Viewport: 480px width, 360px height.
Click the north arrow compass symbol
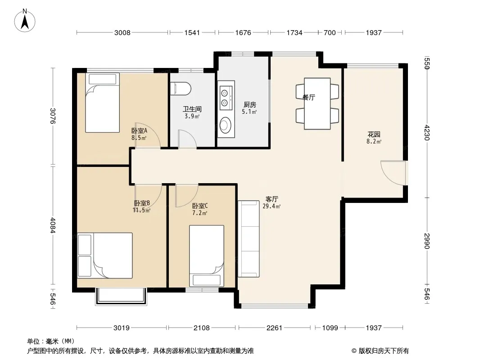coord(25,21)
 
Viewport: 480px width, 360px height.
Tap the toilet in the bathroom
coord(181,88)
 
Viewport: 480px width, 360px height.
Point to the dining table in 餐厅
coord(317,103)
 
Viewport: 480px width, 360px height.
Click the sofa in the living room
coord(249,238)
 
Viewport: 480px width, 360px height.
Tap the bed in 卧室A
coord(102,103)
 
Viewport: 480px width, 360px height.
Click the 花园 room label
coord(374,134)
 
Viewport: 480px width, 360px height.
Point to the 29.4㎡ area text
coord(272,207)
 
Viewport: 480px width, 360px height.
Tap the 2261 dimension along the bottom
coord(274,328)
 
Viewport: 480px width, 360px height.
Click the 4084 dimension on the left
coord(53,225)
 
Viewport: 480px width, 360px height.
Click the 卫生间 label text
coord(192,109)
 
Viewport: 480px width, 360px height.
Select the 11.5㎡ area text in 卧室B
coord(141,211)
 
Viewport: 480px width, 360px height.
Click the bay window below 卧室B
coord(121,296)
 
